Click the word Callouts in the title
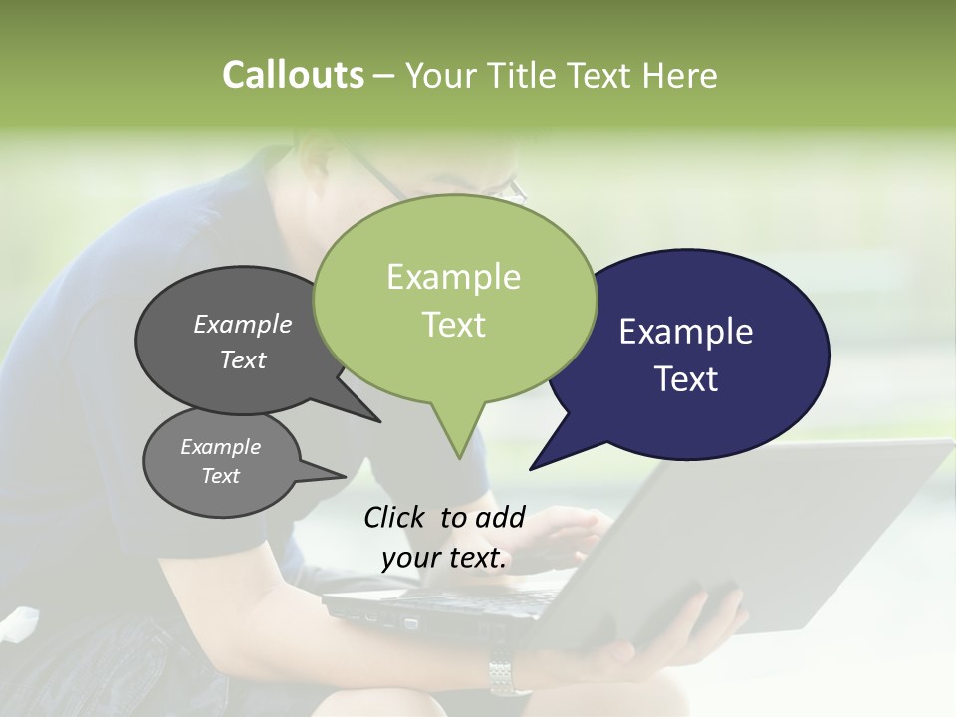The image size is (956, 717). coord(293,76)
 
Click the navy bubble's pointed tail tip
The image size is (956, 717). coord(531,468)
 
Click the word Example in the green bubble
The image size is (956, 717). coord(453,277)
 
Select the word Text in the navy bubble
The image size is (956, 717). coord(687,379)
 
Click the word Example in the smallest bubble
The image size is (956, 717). coord(220,447)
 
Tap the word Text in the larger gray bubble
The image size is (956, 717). coord(243,359)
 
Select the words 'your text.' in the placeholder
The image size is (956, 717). coord(444,558)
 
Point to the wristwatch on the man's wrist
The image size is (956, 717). coord(508,675)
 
